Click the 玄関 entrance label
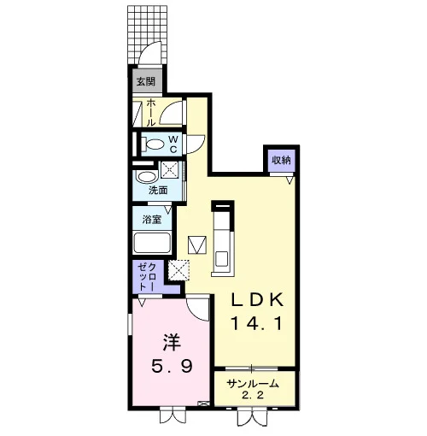pos(146,82)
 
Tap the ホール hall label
pos(150,113)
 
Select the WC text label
pos(173,144)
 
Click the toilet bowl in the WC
pos(154,144)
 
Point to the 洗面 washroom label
pos(158,190)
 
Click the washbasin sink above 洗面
pos(147,177)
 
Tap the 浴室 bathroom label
pos(152,220)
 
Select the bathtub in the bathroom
pos(152,243)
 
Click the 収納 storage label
pos(281,160)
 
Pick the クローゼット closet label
pos(147,277)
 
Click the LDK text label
pos(257,299)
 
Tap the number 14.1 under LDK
pos(256,324)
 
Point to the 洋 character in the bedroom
pos(172,342)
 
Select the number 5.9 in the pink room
pos(172,366)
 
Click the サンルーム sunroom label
pos(253,384)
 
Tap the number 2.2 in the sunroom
pos(253,395)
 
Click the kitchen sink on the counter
pos(221,258)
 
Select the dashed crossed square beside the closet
pos(178,270)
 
